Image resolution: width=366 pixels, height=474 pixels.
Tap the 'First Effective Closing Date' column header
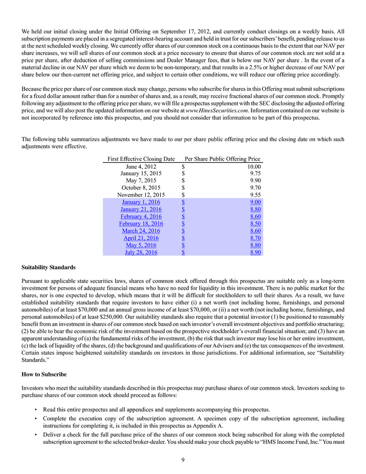[141, 159]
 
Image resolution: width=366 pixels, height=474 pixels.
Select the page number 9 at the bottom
[183, 461]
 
